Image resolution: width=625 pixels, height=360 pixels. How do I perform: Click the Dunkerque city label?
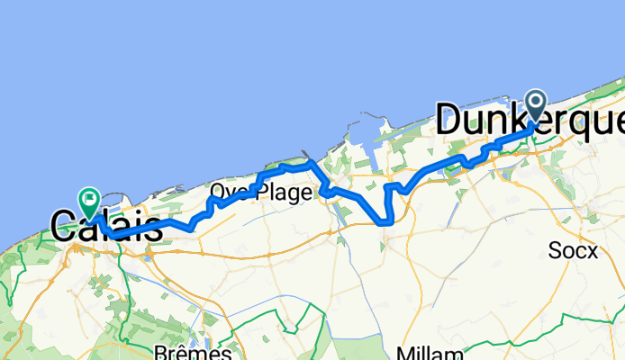pos(530,120)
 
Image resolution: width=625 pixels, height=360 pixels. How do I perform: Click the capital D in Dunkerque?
pos(450,120)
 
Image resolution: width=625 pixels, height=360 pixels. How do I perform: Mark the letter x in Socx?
pos(591,252)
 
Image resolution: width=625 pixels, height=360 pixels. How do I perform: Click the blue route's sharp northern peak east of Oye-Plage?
pos(310,163)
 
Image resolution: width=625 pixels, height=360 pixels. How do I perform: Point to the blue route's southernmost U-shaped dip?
pos(385,220)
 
